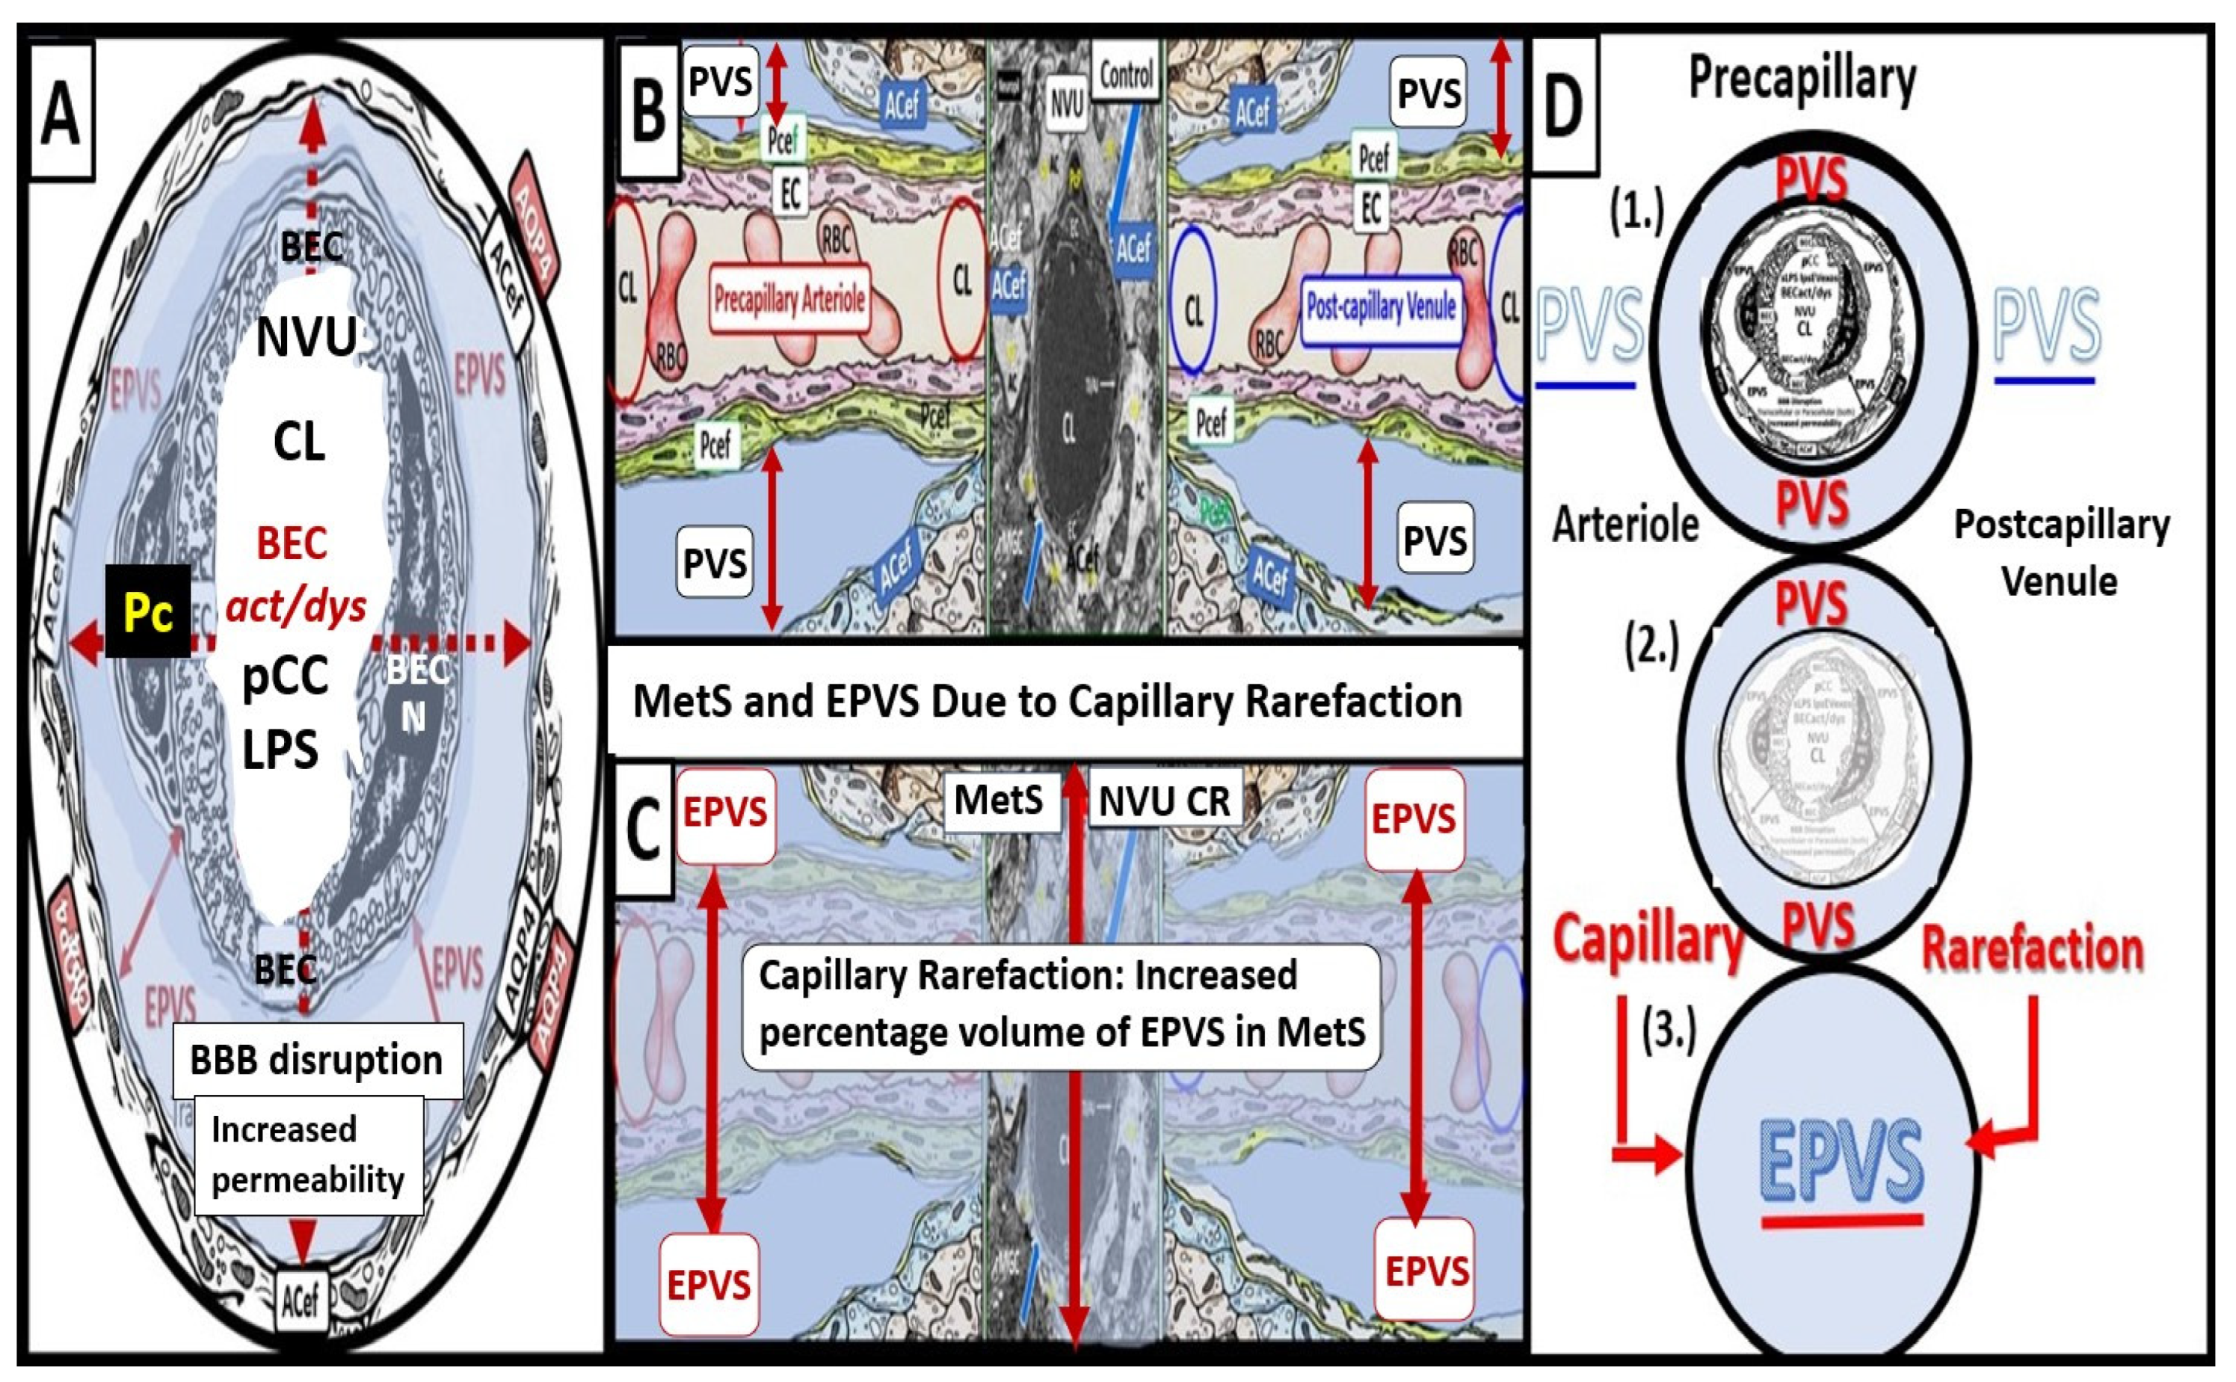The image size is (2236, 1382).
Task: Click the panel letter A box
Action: click(x=61, y=111)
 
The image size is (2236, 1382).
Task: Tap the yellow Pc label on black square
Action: click(x=148, y=611)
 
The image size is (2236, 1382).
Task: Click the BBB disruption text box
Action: click(x=316, y=1061)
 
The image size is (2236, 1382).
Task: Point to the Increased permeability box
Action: click(x=308, y=1155)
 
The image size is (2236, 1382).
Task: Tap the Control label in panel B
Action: click(x=1125, y=74)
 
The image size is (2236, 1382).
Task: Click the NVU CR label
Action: click(x=1164, y=801)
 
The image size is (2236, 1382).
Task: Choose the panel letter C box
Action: click(x=643, y=830)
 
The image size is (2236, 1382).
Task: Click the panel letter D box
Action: click(x=1563, y=106)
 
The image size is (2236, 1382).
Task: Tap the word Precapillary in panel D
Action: click(x=1801, y=79)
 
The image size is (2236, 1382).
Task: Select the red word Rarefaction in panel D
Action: click(x=2032, y=950)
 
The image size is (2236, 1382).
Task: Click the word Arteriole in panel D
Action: click(x=1625, y=525)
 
